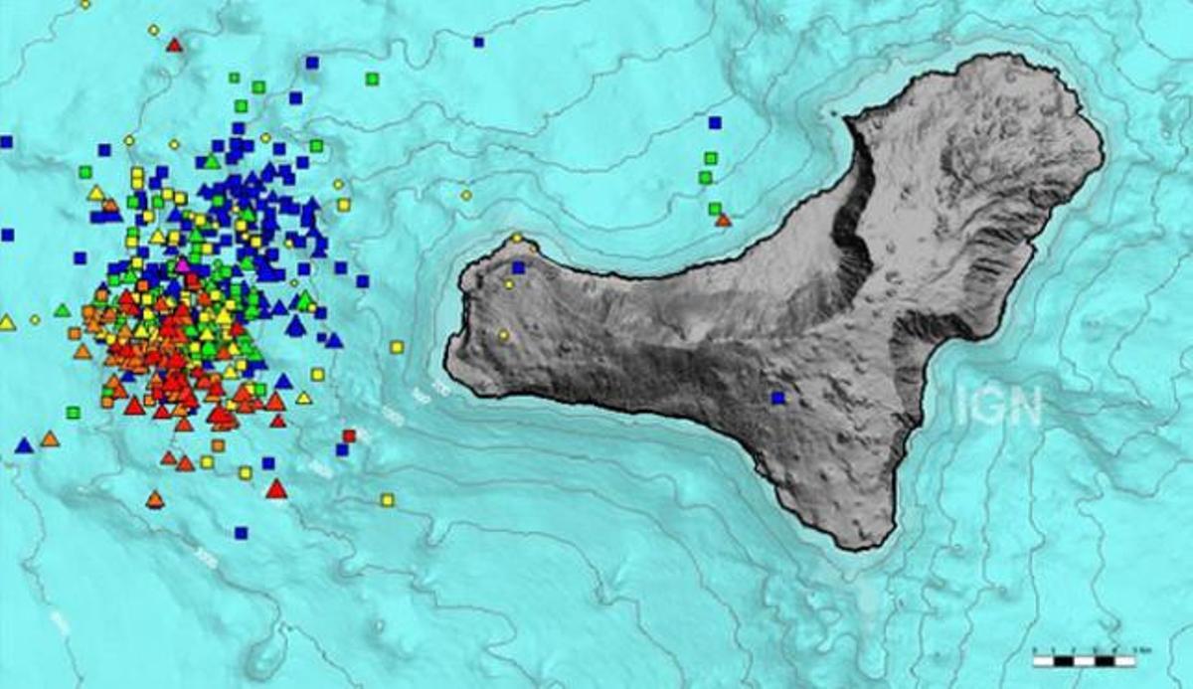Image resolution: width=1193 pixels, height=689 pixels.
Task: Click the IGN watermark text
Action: tap(998, 406)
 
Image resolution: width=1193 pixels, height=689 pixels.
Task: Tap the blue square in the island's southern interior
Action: tap(777, 398)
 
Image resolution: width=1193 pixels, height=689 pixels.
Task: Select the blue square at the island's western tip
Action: tap(518, 267)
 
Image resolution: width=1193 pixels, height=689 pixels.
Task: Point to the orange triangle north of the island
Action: tap(724, 220)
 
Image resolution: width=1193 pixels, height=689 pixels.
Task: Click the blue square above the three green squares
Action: tap(714, 122)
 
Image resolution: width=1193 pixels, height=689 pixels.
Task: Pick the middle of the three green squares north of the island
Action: tap(706, 177)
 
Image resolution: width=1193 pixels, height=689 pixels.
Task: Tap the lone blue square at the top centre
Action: tap(478, 42)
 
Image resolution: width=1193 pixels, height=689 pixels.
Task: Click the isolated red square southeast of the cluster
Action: tap(349, 435)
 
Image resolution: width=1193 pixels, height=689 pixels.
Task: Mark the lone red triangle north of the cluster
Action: tap(175, 45)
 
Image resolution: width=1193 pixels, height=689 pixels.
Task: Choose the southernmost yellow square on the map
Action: tap(387, 499)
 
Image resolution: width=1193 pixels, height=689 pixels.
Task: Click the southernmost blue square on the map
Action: tap(241, 533)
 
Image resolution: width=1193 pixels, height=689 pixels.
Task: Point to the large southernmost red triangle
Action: tap(276, 488)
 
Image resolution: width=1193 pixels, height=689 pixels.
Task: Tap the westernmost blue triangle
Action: tap(24, 445)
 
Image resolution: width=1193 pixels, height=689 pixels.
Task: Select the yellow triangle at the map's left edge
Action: tap(8, 322)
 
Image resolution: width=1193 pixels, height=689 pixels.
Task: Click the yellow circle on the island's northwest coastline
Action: tap(517, 239)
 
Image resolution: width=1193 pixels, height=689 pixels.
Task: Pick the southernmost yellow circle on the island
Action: tap(504, 335)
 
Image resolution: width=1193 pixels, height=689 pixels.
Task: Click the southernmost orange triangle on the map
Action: tap(154, 499)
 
